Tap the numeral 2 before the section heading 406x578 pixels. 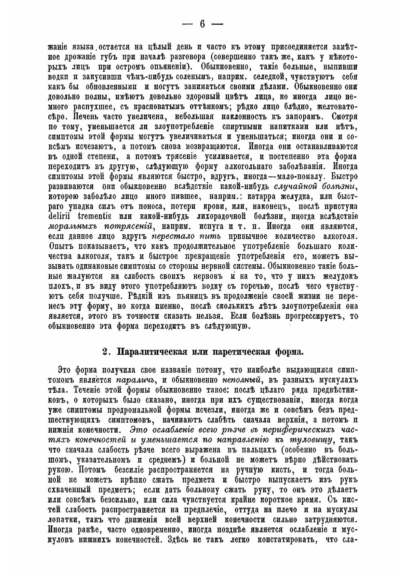105,352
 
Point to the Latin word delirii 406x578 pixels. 60,216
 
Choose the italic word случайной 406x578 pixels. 293,186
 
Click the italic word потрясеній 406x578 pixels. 128,225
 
